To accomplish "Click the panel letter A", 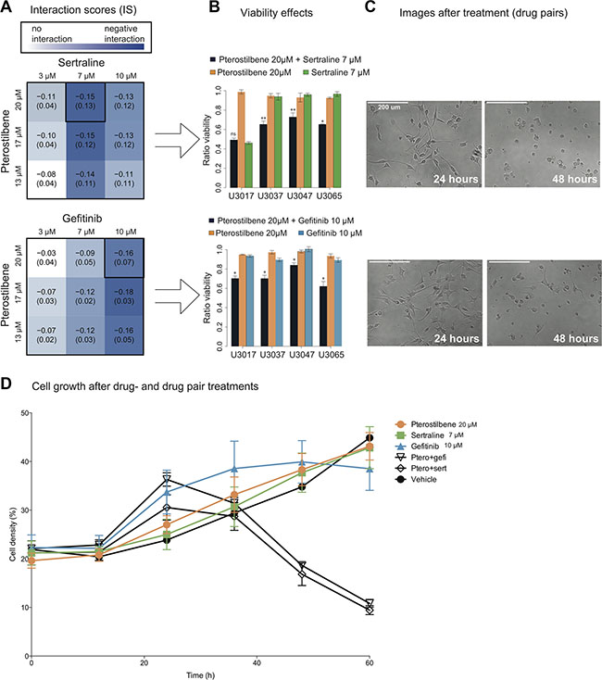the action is point(6,7).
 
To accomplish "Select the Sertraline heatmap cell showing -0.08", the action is point(46,179).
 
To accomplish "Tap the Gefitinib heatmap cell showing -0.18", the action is point(124,296).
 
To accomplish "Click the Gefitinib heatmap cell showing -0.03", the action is point(46,258).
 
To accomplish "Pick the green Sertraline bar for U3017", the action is point(249,165).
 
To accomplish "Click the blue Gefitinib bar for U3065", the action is point(338,303).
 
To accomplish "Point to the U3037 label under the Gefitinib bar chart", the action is point(272,355).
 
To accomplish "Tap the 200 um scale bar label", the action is point(389,107).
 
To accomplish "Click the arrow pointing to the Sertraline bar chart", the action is point(177,140).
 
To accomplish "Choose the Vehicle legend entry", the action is point(417,479).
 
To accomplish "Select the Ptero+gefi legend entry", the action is point(420,457).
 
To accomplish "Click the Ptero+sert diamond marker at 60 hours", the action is point(370,611).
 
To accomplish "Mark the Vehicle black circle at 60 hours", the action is point(370,438).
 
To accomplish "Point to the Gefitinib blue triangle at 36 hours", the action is point(234,469).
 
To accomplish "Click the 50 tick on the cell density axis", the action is point(24,413).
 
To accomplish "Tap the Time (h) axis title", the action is point(200,675).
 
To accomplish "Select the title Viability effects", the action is point(277,13).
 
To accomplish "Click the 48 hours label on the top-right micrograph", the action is point(574,179).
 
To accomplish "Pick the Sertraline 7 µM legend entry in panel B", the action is point(336,72).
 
